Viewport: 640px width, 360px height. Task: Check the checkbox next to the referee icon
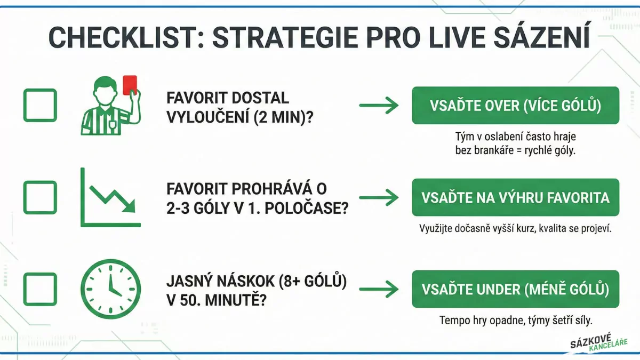(40, 105)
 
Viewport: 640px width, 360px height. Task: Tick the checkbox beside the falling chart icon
(40, 197)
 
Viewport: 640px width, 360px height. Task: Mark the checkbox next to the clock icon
(40, 289)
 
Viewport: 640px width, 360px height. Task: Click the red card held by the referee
(130, 85)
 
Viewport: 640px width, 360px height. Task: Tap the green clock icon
(110, 289)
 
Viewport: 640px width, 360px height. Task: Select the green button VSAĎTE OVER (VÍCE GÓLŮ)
(515, 106)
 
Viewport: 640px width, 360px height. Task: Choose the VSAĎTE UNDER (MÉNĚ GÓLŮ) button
(515, 289)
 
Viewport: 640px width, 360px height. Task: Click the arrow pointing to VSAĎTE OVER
(379, 106)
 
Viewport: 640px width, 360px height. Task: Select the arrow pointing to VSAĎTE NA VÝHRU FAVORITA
(379, 197)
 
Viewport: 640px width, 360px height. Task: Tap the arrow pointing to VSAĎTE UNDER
(379, 289)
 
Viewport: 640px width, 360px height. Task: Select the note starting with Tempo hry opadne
(516, 321)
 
